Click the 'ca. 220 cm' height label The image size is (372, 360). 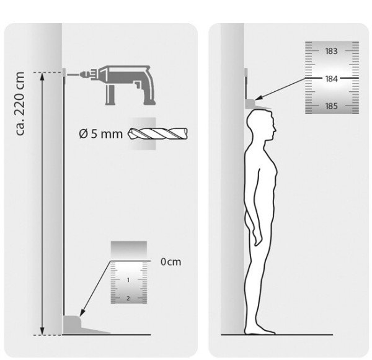click(x=20, y=104)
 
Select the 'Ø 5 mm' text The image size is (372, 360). click(x=100, y=134)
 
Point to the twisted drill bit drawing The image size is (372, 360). click(x=157, y=133)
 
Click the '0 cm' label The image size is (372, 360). click(x=171, y=262)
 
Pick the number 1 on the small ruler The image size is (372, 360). click(x=128, y=280)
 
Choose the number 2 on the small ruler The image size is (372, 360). click(x=128, y=299)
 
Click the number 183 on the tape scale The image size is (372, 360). click(x=331, y=51)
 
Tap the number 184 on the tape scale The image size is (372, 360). click(x=331, y=79)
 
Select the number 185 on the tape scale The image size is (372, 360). click(x=331, y=106)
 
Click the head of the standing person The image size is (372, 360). click(x=261, y=125)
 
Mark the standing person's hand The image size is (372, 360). click(x=258, y=239)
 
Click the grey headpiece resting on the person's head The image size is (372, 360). click(x=257, y=104)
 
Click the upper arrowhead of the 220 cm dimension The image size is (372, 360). click(x=42, y=76)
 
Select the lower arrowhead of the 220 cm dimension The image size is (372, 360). click(x=42, y=331)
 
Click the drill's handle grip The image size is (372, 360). click(x=110, y=95)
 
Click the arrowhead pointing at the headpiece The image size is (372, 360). click(x=259, y=97)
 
